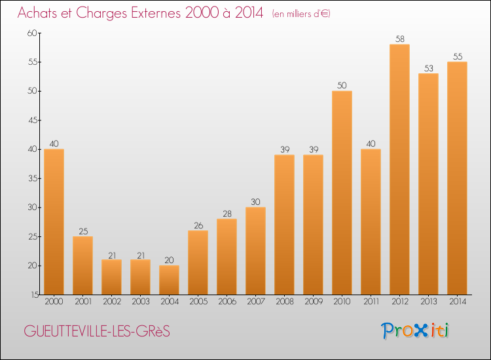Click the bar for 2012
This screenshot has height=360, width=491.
(x=399, y=170)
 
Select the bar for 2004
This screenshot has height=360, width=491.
(x=169, y=280)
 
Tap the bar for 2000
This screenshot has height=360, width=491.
(x=54, y=222)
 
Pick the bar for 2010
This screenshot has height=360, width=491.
(x=342, y=192)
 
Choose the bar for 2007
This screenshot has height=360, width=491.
(x=255, y=251)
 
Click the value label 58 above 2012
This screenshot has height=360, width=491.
(x=400, y=39)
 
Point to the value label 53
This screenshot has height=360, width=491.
(x=429, y=68)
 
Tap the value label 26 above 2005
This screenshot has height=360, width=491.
(x=198, y=225)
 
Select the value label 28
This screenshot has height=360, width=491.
(x=227, y=214)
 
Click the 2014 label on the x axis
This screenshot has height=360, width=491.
(x=458, y=302)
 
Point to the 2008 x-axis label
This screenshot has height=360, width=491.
(x=285, y=302)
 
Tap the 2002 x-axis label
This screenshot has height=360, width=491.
(x=112, y=302)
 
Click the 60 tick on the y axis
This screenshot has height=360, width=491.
(x=32, y=33)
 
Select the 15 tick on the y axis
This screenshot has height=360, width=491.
(x=35, y=295)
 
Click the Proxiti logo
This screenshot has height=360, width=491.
(x=415, y=331)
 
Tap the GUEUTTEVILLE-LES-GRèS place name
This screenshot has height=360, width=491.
(x=97, y=331)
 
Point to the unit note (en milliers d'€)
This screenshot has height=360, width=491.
(x=301, y=14)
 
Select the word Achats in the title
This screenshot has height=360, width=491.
(x=37, y=13)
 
